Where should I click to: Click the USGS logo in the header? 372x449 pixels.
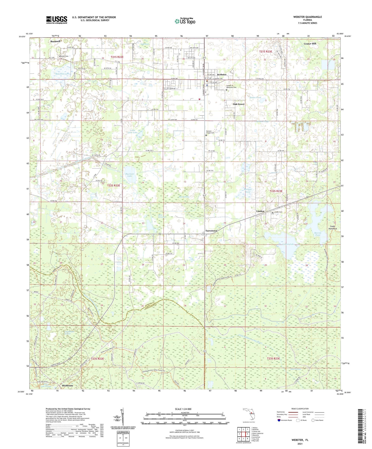click(x=56, y=20)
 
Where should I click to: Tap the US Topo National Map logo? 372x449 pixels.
click(x=185, y=21)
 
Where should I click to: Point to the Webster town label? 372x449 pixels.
click(x=222, y=75)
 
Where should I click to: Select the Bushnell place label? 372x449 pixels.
click(x=55, y=41)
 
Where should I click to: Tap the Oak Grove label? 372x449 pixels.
click(x=239, y=104)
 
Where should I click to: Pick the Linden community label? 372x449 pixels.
click(x=260, y=211)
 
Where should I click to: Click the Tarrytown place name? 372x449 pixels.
click(x=211, y=231)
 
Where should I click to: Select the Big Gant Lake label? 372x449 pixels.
click(x=130, y=175)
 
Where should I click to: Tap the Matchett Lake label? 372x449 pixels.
click(x=62, y=74)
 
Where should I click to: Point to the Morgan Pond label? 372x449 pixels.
click(x=248, y=191)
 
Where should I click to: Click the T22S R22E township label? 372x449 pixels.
click(x=114, y=185)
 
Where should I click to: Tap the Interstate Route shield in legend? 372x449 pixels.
click(x=280, y=420)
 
